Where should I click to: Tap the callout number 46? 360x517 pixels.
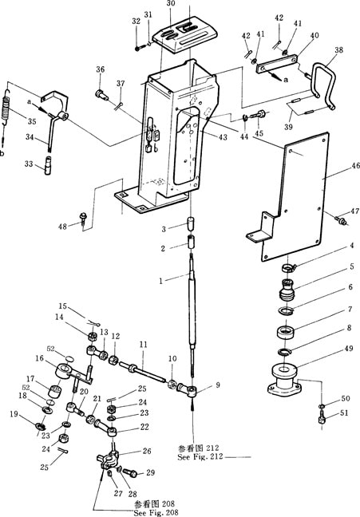(x=355, y=166)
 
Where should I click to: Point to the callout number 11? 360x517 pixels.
(x=143, y=345)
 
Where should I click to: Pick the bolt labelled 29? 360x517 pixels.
(x=130, y=473)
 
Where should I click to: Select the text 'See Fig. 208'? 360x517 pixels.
(x=156, y=512)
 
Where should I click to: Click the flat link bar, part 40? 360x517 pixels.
(x=277, y=65)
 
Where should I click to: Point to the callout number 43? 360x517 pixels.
(x=223, y=137)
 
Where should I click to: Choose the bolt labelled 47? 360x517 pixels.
(x=341, y=220)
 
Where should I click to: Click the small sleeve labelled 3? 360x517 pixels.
(x=190, y=224)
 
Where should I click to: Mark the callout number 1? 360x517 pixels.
(x=160, y=281)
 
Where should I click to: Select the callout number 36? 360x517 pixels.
(x=101, y=69)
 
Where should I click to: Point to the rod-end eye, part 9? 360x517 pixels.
(x=188, y=389)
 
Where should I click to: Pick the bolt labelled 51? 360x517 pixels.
(x=322, y=420)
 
